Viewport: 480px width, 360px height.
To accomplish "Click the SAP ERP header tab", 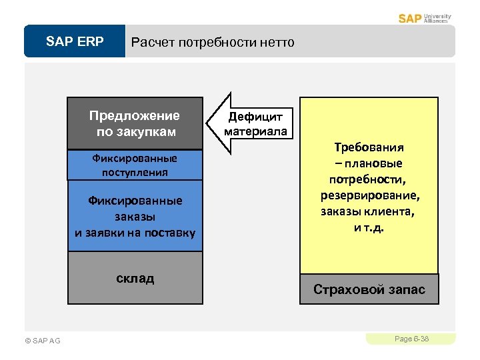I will point(75,42).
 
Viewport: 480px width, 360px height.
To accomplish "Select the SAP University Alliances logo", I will point(425,18).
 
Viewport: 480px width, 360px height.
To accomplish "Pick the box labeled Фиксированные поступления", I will point(135,165).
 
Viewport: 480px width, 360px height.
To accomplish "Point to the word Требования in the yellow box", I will point(369,147).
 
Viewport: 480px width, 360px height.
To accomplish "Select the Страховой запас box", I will point(369,290).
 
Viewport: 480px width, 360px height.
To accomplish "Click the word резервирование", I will point(369,196).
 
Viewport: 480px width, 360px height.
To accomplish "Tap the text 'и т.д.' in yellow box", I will point(369,228).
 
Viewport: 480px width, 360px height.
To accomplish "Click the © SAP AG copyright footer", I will point(42,341).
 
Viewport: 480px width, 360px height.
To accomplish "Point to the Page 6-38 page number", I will point(411,339).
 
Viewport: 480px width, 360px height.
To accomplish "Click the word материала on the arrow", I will point(255,131).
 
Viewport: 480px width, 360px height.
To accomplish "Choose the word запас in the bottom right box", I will point(402,290).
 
